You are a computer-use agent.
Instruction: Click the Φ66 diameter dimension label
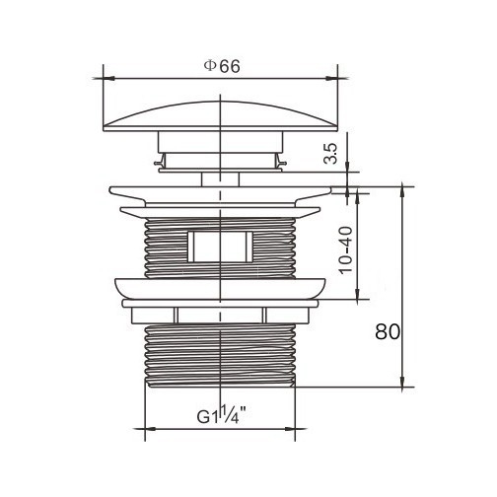[x=222, y=67]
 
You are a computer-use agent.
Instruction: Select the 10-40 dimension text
[x=346, y=250]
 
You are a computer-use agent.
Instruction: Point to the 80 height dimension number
[x=388, y=331]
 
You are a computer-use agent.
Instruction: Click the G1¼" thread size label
[x=222, y=415]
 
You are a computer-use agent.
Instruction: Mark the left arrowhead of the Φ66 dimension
[x=108, y=79]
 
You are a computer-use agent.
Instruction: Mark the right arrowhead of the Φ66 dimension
[x=332, y=79]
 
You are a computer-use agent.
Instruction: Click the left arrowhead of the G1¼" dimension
[x=151, y=429]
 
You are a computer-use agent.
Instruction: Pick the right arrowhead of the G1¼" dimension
[x=290, y=429]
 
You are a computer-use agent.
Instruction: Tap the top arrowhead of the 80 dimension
[x=401, y=192]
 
